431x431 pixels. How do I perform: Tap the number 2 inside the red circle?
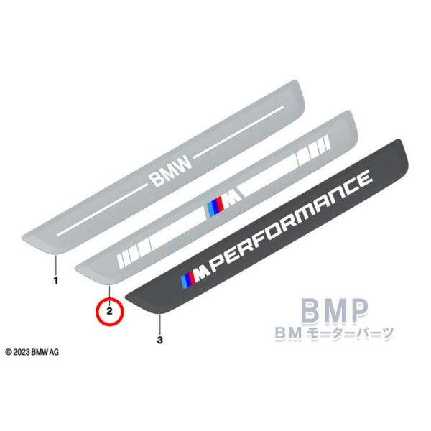point(110,311)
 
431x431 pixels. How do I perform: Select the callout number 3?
point(160,338)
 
